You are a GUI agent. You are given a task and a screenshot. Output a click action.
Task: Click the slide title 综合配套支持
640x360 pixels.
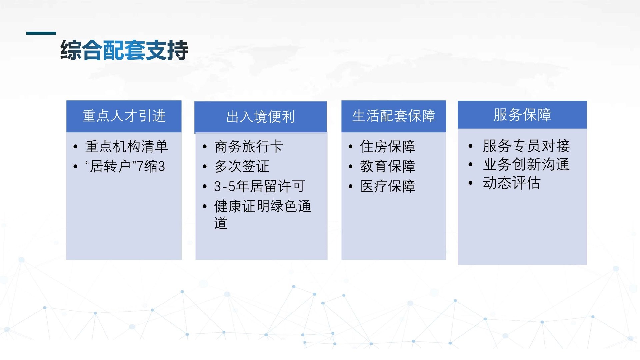[x=124, y=50]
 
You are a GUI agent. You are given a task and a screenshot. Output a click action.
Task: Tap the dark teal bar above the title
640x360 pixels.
[x=41, y=33]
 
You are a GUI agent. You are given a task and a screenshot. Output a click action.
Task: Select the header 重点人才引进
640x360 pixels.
[x=124, y=116]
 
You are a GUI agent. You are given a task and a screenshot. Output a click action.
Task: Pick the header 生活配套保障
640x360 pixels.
[x=394, y=116]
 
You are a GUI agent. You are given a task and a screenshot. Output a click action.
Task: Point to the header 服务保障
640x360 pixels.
[x=522, y=115]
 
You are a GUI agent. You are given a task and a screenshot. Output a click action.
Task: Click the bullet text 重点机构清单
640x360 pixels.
[x=127, y=146]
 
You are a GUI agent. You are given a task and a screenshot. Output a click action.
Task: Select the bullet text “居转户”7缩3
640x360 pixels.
[x=125, y=166]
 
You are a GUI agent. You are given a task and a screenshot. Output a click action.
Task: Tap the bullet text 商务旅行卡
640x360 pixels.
[x=249, y=146]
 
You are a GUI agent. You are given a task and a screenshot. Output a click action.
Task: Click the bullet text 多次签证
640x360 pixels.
[x=242, y=166]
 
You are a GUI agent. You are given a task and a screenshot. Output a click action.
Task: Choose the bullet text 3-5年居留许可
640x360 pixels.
[x=259, y=186]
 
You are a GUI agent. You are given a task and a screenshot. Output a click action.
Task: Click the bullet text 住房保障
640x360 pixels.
[x=388, y=146]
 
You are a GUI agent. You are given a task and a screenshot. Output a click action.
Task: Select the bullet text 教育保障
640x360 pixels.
[x=388, y=166]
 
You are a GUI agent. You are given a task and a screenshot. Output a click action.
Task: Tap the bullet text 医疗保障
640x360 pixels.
[x=388, y=186]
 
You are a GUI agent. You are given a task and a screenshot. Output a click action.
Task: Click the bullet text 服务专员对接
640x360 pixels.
[x=526, y=146]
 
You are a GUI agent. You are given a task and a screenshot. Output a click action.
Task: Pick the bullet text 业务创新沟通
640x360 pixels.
[x=526, y=164]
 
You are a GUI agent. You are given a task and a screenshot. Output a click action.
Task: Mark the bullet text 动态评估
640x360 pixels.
[x=512, y=183]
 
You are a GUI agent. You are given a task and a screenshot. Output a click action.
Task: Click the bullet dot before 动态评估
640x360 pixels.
[x=470, y=183]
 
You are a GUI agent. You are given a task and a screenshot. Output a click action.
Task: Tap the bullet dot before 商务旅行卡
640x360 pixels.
[x=205, y=147]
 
